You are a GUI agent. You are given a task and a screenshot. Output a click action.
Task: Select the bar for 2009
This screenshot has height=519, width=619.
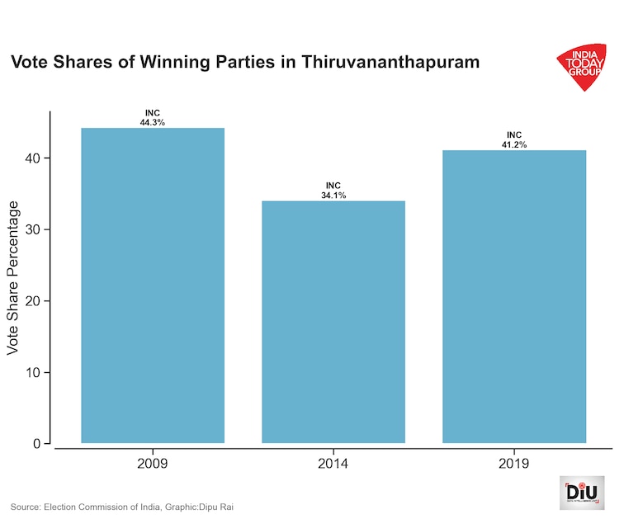[x=153, y=285]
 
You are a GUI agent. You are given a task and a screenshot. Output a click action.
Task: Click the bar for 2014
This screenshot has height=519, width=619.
[x=333, y=322]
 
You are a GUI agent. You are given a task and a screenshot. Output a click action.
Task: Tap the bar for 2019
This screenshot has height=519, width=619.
[x=514, y=296]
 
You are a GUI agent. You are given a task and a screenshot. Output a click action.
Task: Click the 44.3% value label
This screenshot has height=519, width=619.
[x=153, y=122]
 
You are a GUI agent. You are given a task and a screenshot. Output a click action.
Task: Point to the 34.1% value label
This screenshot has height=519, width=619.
[x=333, y=196]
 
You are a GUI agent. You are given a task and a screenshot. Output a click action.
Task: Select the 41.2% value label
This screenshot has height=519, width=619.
[x=514, y=144]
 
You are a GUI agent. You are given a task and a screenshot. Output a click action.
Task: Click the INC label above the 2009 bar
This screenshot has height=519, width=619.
[x=153, y=113]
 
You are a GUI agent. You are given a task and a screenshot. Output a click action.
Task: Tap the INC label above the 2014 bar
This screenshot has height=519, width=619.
[x=333, y=186]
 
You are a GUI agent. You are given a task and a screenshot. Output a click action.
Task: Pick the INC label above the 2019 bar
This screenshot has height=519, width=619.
[x=514, y=135]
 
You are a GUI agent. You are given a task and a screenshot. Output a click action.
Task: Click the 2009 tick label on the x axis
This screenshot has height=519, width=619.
[x=153, y=463]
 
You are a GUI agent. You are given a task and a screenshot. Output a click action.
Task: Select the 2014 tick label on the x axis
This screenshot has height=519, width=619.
[x=333, y=463]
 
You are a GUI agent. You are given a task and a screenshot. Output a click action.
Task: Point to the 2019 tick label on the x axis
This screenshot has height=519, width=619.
[x=514, y=463]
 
